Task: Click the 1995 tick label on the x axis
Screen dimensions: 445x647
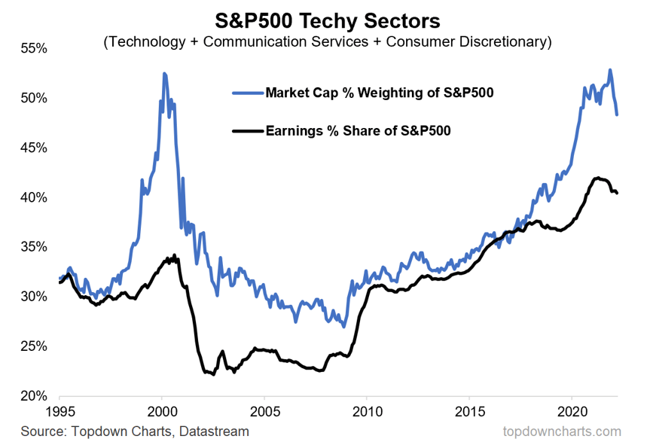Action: pos(59,413)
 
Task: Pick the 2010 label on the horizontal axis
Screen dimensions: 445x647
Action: pos(366,413)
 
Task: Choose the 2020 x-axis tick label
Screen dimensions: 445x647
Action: pos(572,413)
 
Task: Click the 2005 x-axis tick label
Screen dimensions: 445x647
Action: pos(264,413)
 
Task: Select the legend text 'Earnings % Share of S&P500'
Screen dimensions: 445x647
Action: pos(358,130)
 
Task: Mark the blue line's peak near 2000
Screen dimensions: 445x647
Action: pos(163,73)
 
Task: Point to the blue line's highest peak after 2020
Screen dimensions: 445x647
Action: pos(609,70)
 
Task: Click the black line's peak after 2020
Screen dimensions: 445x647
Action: pos(597,178)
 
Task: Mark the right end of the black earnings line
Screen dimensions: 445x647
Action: pos(618,194)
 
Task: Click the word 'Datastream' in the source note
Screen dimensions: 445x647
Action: pos(218,431)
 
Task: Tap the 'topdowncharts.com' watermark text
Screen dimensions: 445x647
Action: pos(562,431)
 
